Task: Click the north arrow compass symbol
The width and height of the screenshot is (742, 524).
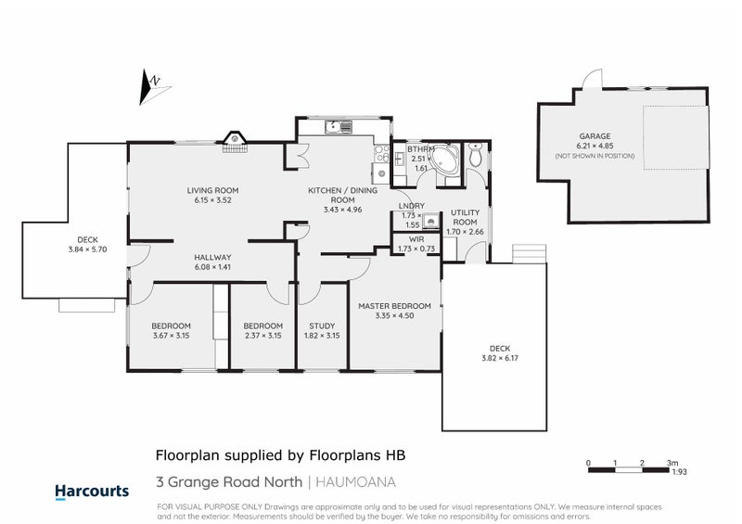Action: click(151, 86)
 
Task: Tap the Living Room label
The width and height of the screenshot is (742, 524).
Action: click(206, 190)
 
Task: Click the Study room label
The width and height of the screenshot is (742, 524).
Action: click(322, 326)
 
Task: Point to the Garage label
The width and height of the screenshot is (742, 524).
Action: click(595, 135)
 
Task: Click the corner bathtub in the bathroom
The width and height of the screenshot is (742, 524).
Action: click(446, 160)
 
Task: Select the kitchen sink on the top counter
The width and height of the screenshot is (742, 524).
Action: click(331, 126)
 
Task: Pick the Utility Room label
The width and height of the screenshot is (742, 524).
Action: click(464, 217)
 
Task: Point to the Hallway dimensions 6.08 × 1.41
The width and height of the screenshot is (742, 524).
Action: click(212, 267)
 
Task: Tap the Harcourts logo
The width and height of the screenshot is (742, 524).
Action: click(92, 491)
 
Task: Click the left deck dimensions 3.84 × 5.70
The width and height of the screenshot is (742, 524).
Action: click(88, 249)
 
